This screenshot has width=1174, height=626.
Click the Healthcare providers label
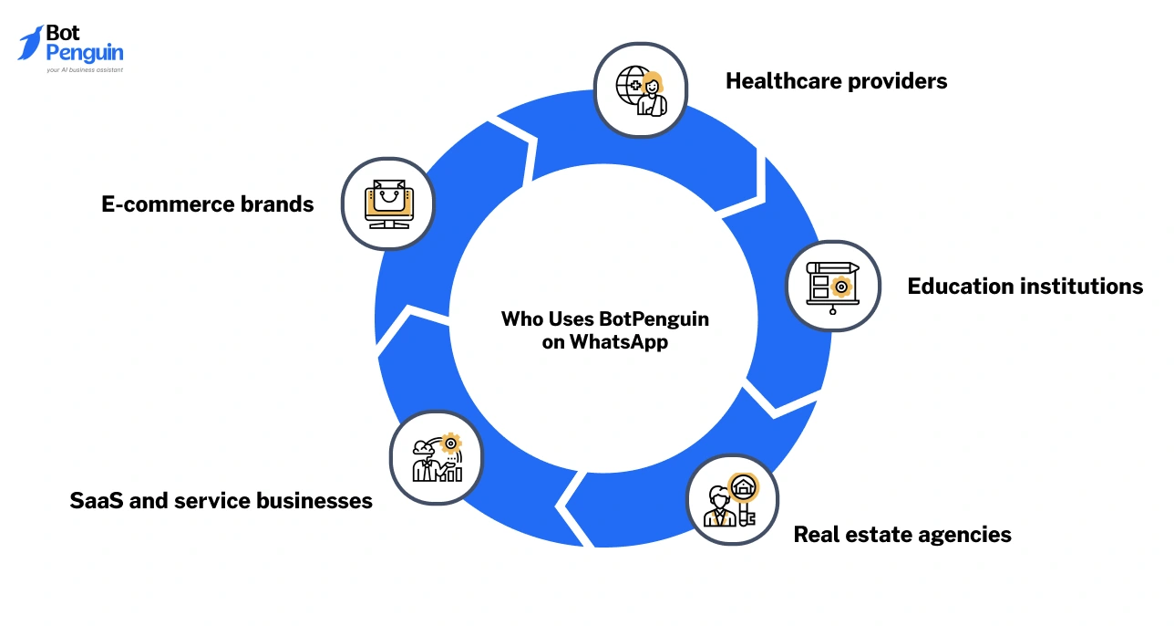[836, 81]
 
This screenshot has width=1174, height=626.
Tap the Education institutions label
[1025, 287]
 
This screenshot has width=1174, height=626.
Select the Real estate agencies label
[902, 535]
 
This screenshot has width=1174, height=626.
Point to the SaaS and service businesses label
[221, 501]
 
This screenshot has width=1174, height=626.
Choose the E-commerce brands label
[208, 204]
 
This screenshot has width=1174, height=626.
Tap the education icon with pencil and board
[832, 285]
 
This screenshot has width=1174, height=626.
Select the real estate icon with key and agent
[731, 501]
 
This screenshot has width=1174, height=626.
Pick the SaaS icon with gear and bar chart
[437, 456]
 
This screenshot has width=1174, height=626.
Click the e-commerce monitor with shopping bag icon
[387, 203]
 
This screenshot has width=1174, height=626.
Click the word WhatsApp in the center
[619, 343]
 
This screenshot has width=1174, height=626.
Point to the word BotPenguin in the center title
[654, 319]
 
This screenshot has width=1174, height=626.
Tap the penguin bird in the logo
[30, 43]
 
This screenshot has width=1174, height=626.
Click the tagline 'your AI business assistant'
[84, 69]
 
